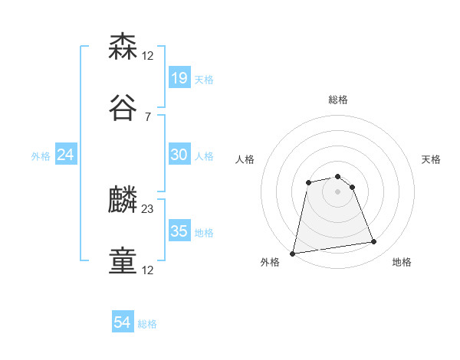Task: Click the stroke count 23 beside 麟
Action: pos(148,208)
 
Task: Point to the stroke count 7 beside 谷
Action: pos(147,116)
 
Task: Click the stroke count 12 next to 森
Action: pos(148,55)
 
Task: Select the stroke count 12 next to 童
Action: pos(148,270)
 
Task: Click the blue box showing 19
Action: pos(179,78)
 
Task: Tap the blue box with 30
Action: pos(179,155)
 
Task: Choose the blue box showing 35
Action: pos(179,231)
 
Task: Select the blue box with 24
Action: pos(66,155)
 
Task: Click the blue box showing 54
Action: pos(123,322)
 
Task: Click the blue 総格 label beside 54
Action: pos(148,324)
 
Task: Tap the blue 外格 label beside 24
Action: pos(41,156)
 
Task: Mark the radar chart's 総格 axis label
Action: pos(338,100)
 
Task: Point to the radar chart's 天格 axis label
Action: pos(432,159)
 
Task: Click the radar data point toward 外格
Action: pos(293,253)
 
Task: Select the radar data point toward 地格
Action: pos(374,242)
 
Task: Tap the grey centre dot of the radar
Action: pos(338,191)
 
